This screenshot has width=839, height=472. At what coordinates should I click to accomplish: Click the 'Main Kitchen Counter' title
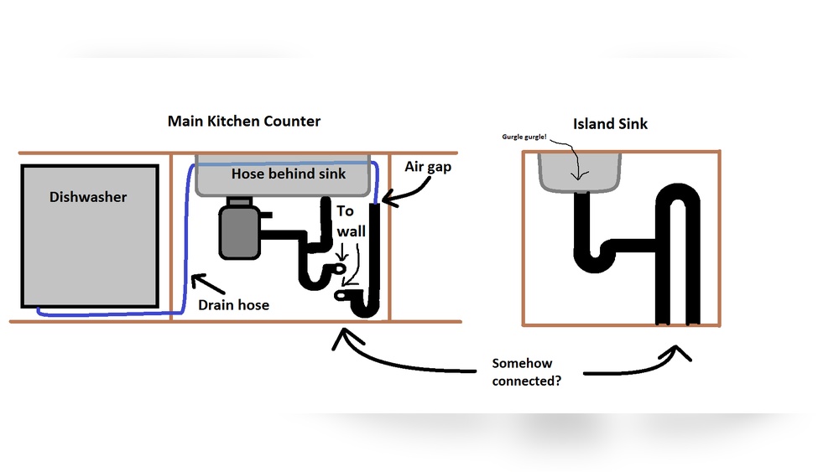click(244, 121)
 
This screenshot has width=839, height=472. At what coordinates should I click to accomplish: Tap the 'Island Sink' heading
click(610, 124)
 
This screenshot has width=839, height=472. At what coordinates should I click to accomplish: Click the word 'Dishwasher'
click(88, 197)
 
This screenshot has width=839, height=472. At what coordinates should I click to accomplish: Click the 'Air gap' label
click(428, 167)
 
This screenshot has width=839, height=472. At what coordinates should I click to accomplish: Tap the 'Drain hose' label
click(233, 304)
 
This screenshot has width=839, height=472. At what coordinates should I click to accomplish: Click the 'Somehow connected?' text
click(527, 371)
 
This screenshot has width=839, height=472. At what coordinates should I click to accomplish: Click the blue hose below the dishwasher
click(105, 314)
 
